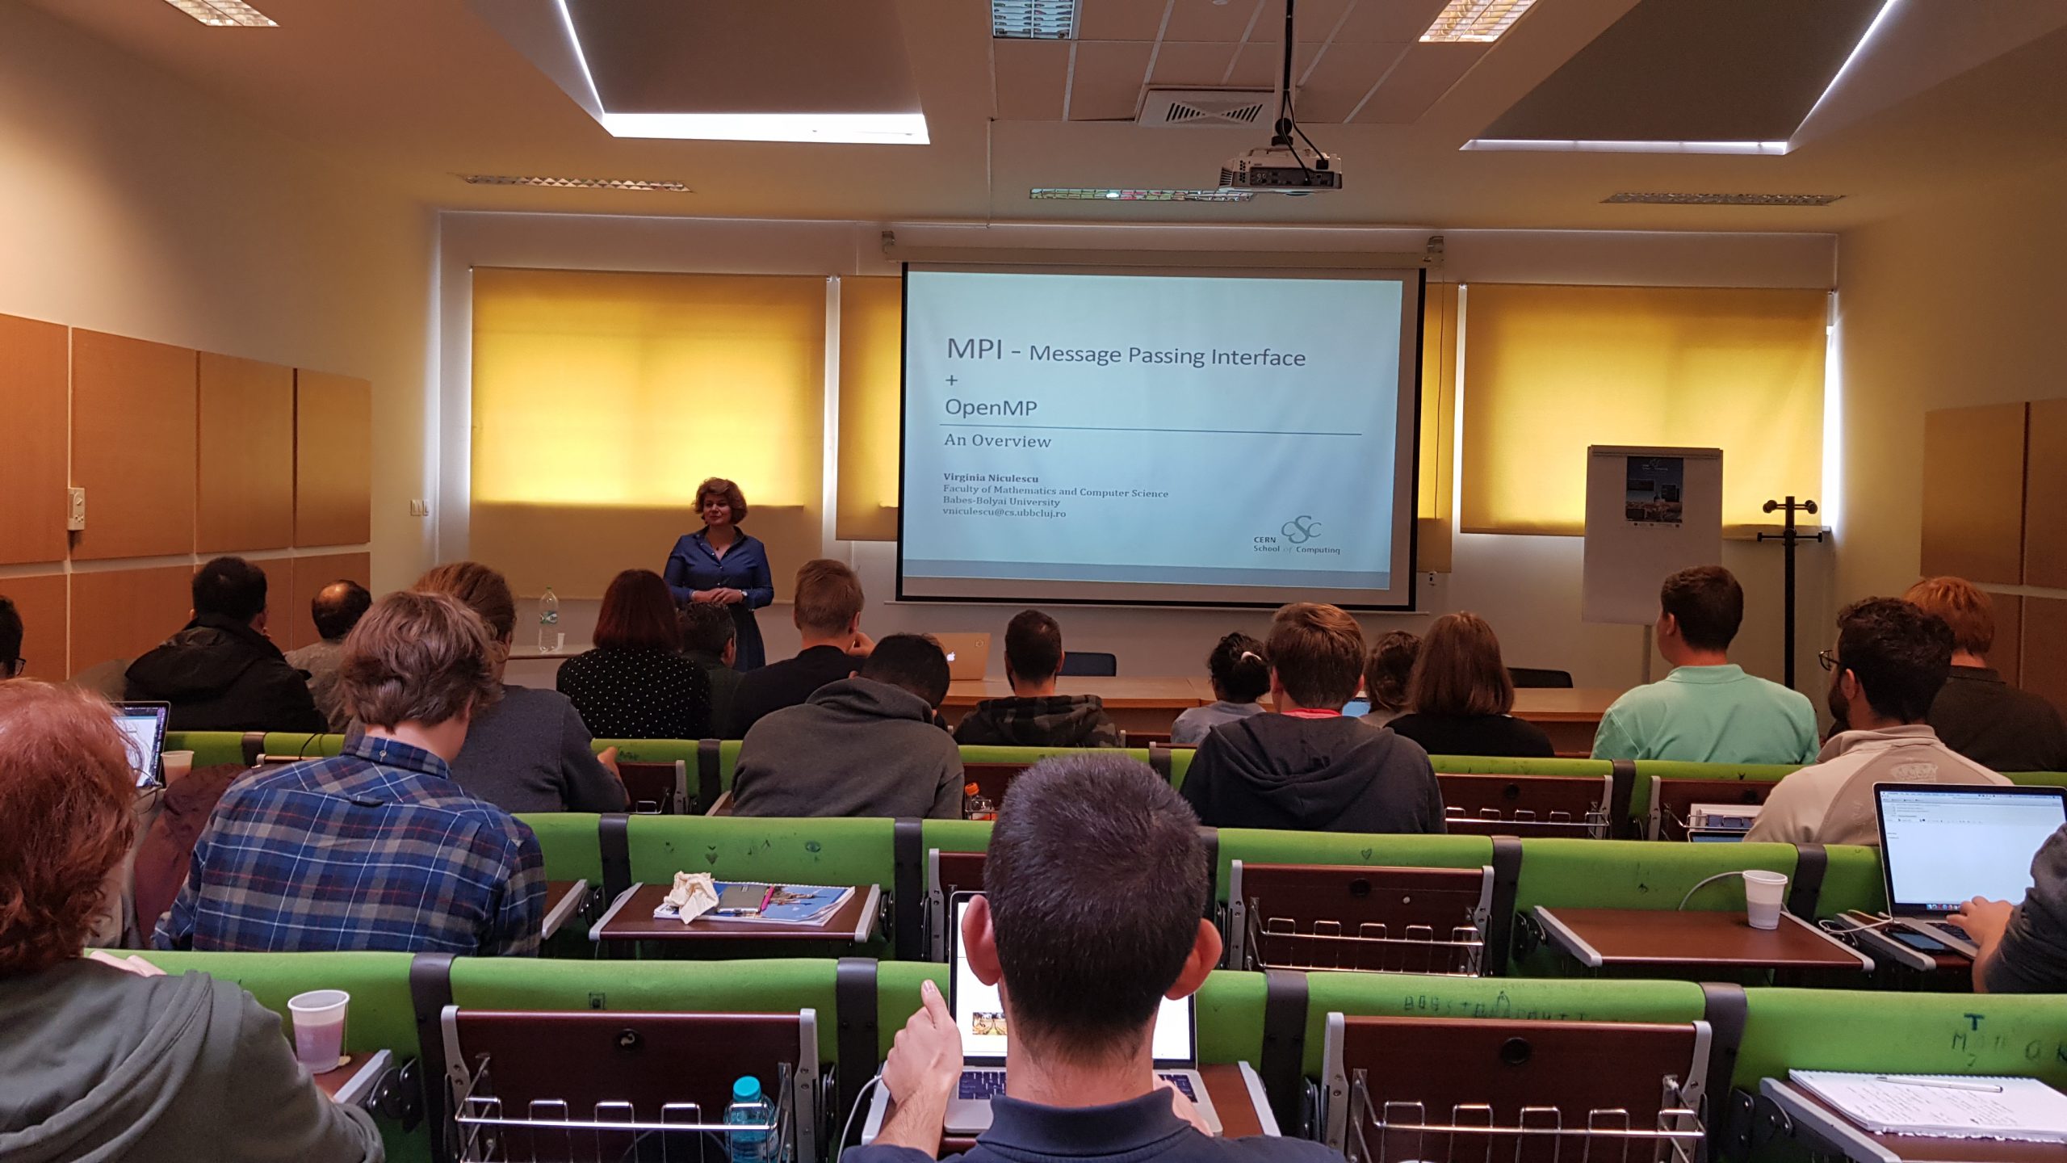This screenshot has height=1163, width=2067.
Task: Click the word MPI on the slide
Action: click(x=974, y=349)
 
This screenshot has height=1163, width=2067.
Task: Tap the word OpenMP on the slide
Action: click(x=991, y=407)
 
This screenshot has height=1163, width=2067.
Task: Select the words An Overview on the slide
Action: click(x=997, y=441)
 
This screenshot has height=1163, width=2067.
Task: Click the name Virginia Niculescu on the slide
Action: click(x=990, y=478)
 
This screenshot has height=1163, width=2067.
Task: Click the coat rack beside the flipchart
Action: click(x=1789, y=581)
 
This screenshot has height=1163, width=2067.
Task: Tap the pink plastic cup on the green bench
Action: click(x=318, y=1031)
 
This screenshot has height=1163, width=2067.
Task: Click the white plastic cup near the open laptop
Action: click(x=1764, y=898)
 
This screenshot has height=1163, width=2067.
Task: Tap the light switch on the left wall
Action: click(x=417, y=507)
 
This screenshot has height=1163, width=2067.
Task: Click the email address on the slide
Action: click(x=1004, y=513)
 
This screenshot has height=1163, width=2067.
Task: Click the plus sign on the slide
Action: click(x=952, y=380)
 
